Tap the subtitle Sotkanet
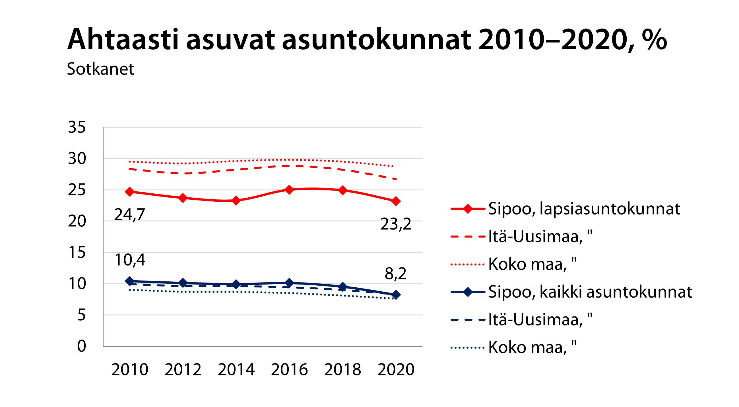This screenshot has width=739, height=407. pyautogui.click(x=100, y=69)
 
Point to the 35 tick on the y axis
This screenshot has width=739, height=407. pyautogui.click(x=77, y=127)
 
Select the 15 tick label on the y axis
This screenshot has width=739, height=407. pyautogui.click(x=77, y=252)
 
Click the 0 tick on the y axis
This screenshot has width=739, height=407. pyautogui.click(x=81, y=346)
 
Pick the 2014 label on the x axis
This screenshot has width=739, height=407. pyautogui.click(x=236, y=369)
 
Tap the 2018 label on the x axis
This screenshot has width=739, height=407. pyautogui.click(x=342, y=369)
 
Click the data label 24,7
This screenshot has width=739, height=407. pyautogui.click(x=129, y=214)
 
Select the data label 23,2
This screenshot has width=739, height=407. pyautogui.click(x=395, y=224)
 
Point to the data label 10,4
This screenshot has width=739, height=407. pyautogui.click(x=130, y=260)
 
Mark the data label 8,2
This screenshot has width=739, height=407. pyautogui.click(x=395, y=273)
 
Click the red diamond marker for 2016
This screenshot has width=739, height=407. pyautogui.click(x=289, y=190)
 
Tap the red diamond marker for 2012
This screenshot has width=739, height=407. pyautogui.click(x=183, y=198)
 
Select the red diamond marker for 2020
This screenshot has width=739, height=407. pyautogui.click(x=396, y=201)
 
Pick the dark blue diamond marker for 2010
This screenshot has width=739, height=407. pyautogui.click(x=130, y=281)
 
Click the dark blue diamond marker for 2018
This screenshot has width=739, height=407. pyautogui.click(x=342, y=287)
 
